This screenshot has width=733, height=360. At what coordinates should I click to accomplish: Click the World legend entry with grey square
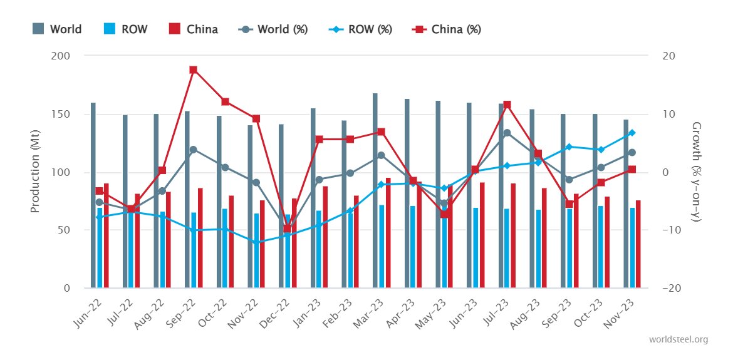pyautogui.click(x=57, y=29)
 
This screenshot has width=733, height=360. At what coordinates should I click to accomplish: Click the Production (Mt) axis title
pyautogui.click(x=35, y=172)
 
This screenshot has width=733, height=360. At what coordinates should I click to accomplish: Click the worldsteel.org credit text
pyautogui.click(x=679, y=339)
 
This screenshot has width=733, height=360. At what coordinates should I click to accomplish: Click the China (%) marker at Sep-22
pyautogui.click(x=193, y=70)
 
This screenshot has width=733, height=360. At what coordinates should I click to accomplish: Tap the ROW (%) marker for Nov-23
pyautogui.click(x=632, y=133)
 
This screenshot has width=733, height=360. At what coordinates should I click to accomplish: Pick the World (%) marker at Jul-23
pyautogui.click(x=507, y=133)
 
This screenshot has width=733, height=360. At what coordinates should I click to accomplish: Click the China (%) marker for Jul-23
pyautogui.click(x=507, y=105)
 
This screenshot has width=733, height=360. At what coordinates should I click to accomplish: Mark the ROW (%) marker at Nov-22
pyautogui.click(x=256, y=242)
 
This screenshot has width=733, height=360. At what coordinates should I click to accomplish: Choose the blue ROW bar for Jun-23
pyautogui.click(x=476, y=248)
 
